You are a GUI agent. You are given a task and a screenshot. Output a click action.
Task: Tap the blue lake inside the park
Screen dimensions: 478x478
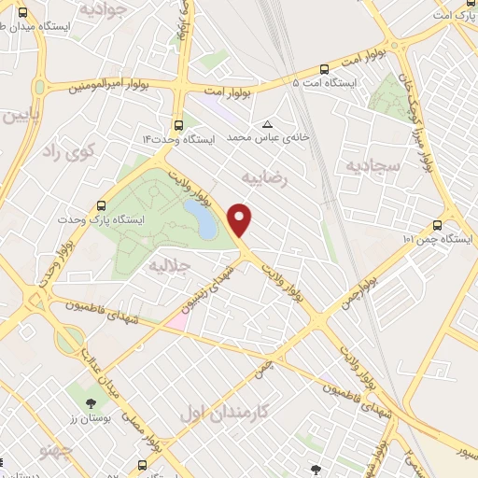pyautogui.click(x=199, y=216)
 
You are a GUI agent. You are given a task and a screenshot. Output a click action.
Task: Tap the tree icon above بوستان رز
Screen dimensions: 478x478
pyautogui.click(x=91, y=404)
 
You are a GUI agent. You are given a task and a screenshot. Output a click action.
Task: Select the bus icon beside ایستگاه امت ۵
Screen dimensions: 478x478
pyautogui.click(x=324, y=68)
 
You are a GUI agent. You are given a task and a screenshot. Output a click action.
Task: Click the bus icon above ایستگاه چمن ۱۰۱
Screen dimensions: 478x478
pyautogui.click(x=437, y=225)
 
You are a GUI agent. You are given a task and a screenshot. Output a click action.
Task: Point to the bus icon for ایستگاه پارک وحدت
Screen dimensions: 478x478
pyautogui.click(x=101, y=205)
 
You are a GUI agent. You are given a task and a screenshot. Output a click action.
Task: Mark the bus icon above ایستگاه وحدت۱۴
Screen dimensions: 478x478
pyautogui.click(x=178, y=123)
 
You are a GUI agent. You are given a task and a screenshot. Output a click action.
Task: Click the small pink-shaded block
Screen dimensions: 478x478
pyautogui.click(x=177, y=320)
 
